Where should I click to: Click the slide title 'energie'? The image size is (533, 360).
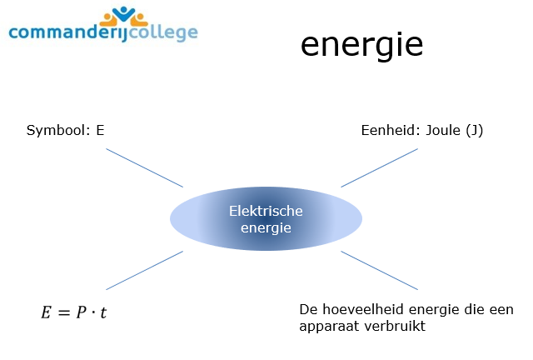[x=361, y=45]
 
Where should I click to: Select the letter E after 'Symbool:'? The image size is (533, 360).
[x=100, y=131]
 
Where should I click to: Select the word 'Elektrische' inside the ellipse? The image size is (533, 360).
[x=266, y=211]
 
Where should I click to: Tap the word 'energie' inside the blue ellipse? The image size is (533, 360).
[x=266, y=227]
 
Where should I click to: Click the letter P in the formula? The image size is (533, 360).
[x=84, y=314]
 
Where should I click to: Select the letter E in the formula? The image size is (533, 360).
[x=47, y=314]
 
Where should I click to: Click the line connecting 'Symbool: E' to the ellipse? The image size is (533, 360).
[x=144, y=167]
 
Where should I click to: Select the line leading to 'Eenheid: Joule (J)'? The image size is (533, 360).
[x=379, y=167]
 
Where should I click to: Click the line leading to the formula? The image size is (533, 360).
[x=144, y=269]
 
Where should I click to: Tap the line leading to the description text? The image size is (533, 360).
[x=379, y=269]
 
